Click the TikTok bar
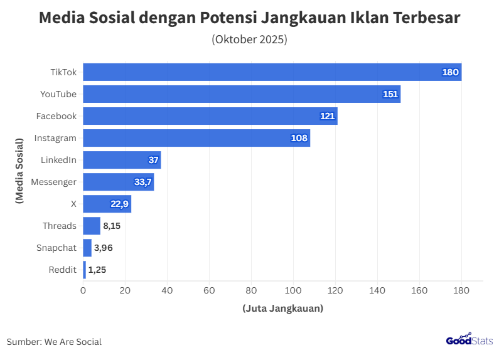(272, 72)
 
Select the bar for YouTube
(242, 94)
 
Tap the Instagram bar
(196, 138)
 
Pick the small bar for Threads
(92, 226)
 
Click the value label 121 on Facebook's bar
(328, 116)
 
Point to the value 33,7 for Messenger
(142, 182)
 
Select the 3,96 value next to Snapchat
(104, 248)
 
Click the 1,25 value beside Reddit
(97, 270)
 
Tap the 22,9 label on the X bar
(120, 204)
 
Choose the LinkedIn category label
(58, 160)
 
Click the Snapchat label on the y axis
(56, 248)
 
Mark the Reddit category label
(62, 270)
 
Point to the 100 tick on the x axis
(293, 290)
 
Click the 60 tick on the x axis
(209, 290)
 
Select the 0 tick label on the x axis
(83, 290)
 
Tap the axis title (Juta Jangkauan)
(282, 308)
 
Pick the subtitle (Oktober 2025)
(249, 40)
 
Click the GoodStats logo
(469, 341)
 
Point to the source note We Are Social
(54, 342)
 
